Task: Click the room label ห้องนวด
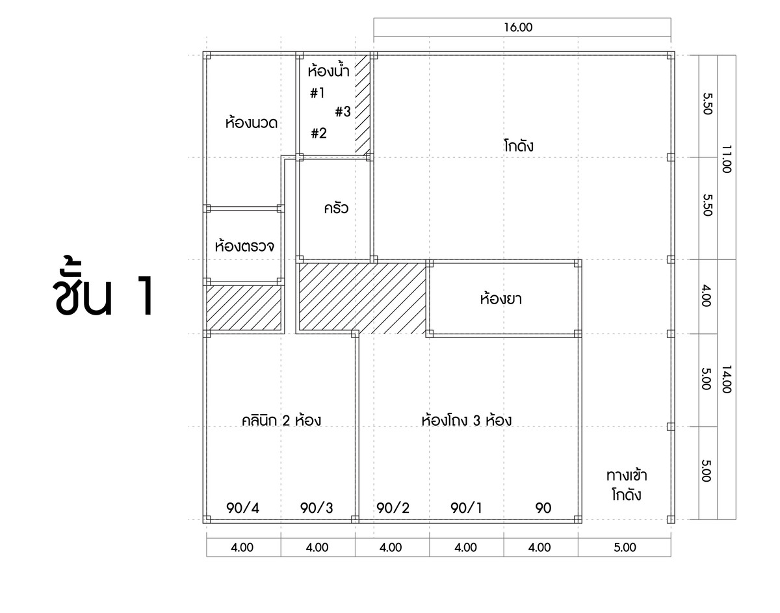(252, 122)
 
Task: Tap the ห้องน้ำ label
(329, 70)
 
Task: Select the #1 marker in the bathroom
(317, 94)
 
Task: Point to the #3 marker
(343, 112)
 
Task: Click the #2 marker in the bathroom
(318, 134)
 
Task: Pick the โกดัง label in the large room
(518, 146)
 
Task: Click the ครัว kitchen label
(336, 209)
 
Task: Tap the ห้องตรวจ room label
(244, 247)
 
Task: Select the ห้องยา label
(501, 300)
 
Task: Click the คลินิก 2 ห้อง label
(281, 421)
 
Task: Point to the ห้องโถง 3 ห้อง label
(466, 421)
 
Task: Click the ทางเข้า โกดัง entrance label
(627, 485)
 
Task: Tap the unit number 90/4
(242, 508)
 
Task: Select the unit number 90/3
(317, 508)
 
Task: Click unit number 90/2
(393, 508)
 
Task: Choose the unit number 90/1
(467, 508)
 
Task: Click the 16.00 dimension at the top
(522, 28)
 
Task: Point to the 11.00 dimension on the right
(727, 157)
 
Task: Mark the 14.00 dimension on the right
(727, 379)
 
